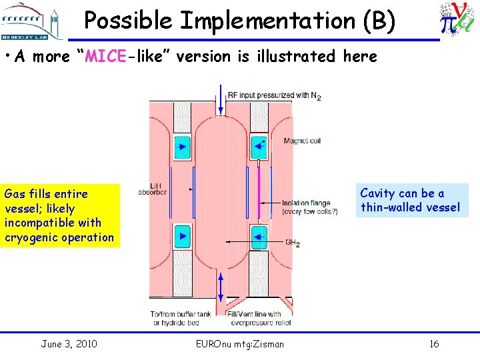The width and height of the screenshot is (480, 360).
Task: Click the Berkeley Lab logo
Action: [28, 22]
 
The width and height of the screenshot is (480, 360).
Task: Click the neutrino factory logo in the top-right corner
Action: [457, 20]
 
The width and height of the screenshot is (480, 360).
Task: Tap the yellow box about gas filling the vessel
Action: [60, 215]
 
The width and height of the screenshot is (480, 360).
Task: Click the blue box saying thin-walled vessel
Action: [410, 200]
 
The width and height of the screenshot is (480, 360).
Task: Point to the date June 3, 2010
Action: [69, 344]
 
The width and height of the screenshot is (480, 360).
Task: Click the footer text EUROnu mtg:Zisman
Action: [240, 344]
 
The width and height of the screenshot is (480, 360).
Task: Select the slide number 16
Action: [434, 344]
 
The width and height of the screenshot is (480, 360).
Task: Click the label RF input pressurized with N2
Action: [274, 95]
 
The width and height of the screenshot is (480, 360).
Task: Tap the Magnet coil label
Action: [302, 141]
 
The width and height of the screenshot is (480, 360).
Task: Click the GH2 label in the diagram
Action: [293, 243]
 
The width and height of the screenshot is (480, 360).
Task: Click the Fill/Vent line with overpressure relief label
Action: [263, 318]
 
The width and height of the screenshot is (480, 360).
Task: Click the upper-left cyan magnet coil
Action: [181, 147]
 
